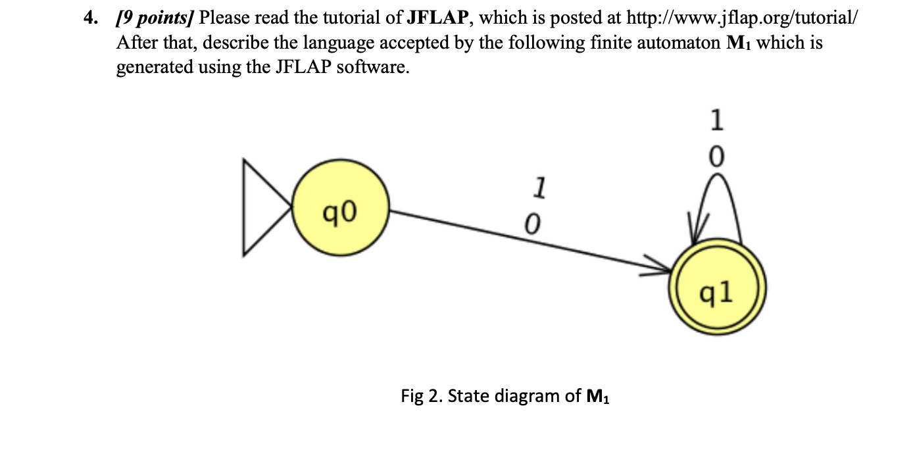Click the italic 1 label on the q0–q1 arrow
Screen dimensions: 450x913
tap(539, 187)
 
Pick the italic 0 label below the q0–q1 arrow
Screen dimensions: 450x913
tap(532, 225)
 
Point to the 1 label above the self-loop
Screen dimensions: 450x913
tap(718, 121)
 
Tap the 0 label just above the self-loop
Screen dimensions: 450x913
tap(718, 156)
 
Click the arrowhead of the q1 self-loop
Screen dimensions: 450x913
tap(697, 230)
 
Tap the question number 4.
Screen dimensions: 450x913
tap(89, 18)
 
